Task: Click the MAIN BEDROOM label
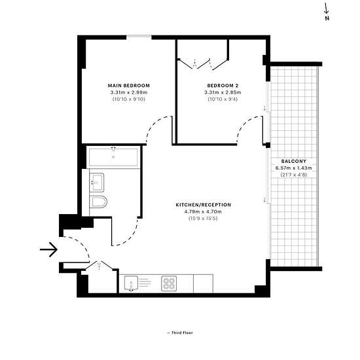pyautogui.click(x=129, y=86)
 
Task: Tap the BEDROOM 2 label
pyautogui.click(x=223, y=86)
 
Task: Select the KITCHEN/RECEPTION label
pyautogui.click(x=204, y=205)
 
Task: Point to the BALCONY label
pyautogui.click(x=294, y=161)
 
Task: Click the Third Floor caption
pyautogui.click(x=180, y=333)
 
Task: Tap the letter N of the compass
pyautogui.click(x=327, y=18)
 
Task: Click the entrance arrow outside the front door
pyautogui.click(x=48, y=249)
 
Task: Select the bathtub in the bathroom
pyautogui.click(x=113, y=157)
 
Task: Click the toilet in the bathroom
pyautogui.click(x=98, y=202)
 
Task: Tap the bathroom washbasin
pyautogui.click(x=97, y=183)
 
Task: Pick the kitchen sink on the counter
pyautogui.click(x=131, y=283)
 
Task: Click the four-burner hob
pyautogui.click(x=169, y=283)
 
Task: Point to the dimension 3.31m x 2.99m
pyautogui.click(x=129, y=92)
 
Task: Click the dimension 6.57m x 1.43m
pyautogui.click(x=294, y=168)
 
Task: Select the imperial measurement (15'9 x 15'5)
pyautogui.click(x=203, y=219)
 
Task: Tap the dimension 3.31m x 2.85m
pyautogui.click(x=223, y=92)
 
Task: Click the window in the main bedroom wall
pyautogui.click(x=139, y=36)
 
